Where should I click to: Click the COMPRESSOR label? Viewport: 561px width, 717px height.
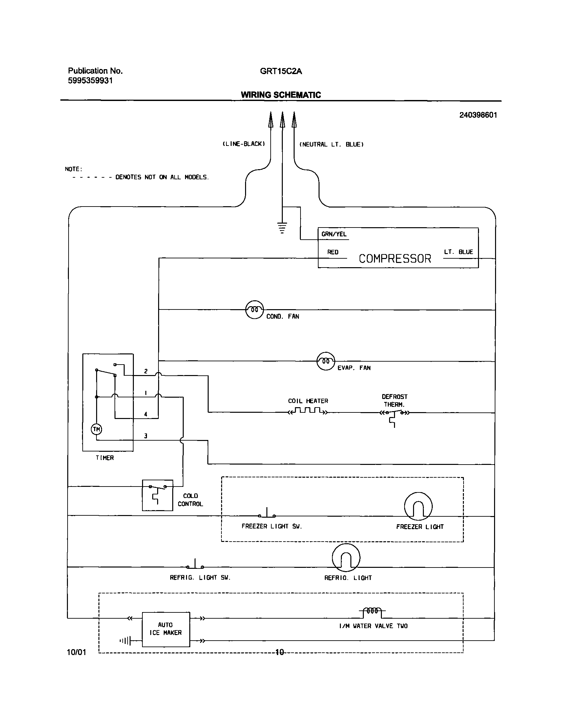[395, 258]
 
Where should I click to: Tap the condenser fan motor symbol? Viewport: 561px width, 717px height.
[255, 309]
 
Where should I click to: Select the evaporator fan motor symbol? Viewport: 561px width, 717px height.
[325, 361]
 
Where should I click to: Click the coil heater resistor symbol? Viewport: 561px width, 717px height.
[308, 411]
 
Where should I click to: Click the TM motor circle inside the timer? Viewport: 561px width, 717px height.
[96, 429]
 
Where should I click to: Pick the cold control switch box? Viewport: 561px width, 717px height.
[157, 495]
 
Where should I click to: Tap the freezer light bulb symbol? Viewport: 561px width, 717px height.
[418, 506]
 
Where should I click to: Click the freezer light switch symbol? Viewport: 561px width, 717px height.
[267, 514]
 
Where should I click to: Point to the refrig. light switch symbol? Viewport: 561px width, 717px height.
[195, 565]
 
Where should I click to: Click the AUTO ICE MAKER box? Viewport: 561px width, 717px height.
[166, 629]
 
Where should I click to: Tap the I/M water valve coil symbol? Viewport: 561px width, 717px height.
[372, 612]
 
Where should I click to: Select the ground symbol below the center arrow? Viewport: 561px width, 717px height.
[282, 228]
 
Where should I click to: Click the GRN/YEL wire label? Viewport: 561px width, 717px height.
[334, 234]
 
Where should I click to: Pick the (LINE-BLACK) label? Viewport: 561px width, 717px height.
[244, 144]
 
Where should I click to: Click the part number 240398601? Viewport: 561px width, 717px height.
[478, 115]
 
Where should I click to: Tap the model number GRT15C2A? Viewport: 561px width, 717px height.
[281, 71]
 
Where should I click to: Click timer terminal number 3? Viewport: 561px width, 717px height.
[146, 436]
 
